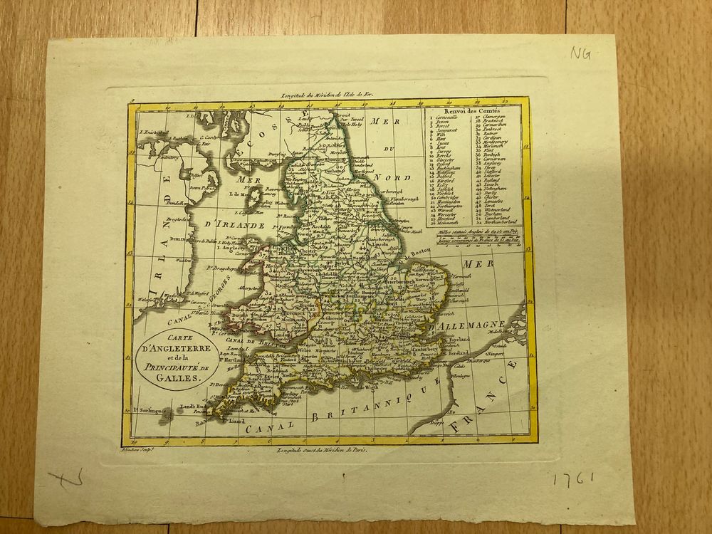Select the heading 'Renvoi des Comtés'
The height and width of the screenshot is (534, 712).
(x=472, y=112)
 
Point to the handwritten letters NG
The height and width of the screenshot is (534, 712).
(x=580, y=55)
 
